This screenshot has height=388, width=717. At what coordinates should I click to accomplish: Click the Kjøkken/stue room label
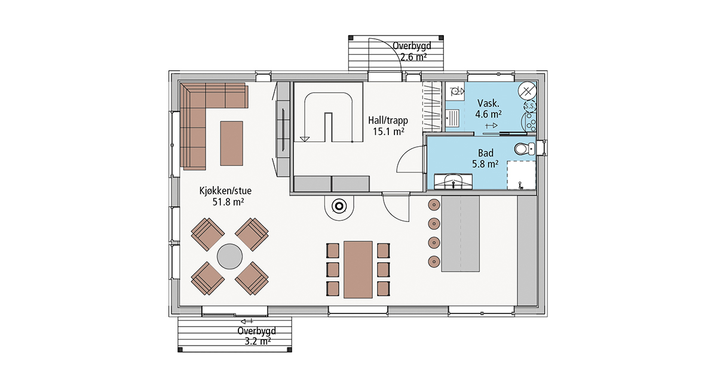pos(225,191)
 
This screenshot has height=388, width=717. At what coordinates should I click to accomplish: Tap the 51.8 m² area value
pos(228,202)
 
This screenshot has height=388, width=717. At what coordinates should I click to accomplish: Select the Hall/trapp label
pos(388,121)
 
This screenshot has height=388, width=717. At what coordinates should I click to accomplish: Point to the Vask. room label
pos(488,103)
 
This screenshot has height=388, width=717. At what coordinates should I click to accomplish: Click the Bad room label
pos(486,153)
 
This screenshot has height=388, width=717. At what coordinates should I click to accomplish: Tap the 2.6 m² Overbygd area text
pos(413,57)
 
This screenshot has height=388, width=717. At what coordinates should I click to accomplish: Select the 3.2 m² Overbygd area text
pos(258,341)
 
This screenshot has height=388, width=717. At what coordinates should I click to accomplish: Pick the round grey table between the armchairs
pos(230,256)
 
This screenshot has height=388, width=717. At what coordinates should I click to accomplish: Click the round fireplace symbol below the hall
pos(339,207)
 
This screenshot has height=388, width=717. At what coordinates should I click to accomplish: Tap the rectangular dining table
pos(358,270)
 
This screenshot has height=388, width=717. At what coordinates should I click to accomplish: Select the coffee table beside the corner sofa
pos(231,143)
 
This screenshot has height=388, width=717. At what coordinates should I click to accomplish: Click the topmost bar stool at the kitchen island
pos(434,204)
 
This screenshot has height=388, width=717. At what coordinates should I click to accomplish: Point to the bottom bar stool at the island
pos(434,261)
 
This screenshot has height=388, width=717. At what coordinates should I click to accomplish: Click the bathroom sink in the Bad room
pos(453,181)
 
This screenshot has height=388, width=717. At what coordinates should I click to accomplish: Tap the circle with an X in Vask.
pos(528,91)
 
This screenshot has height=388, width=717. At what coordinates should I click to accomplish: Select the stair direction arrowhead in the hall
pos(304,139)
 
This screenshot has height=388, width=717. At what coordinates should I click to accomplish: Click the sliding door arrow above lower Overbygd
pos(247,321)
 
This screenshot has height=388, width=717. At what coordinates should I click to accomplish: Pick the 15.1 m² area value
pos(388,131)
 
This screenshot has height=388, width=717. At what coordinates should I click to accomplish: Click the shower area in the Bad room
pos(521,175)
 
